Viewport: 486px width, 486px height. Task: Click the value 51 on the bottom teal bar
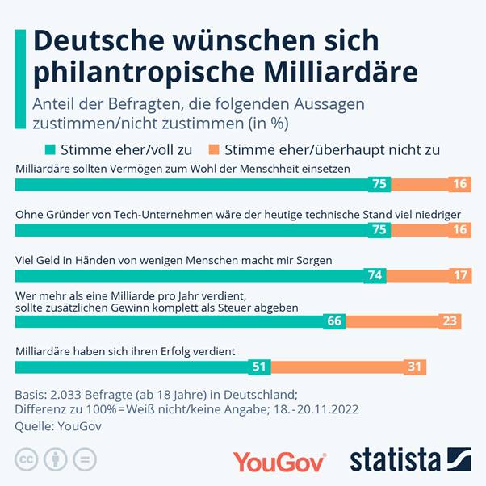(258, 367)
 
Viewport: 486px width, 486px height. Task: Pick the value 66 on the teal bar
(333, 321)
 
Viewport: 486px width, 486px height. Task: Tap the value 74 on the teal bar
(375, 275)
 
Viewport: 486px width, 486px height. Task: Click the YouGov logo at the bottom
(279, 461)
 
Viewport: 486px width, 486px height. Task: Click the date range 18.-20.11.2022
(311, 410)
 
